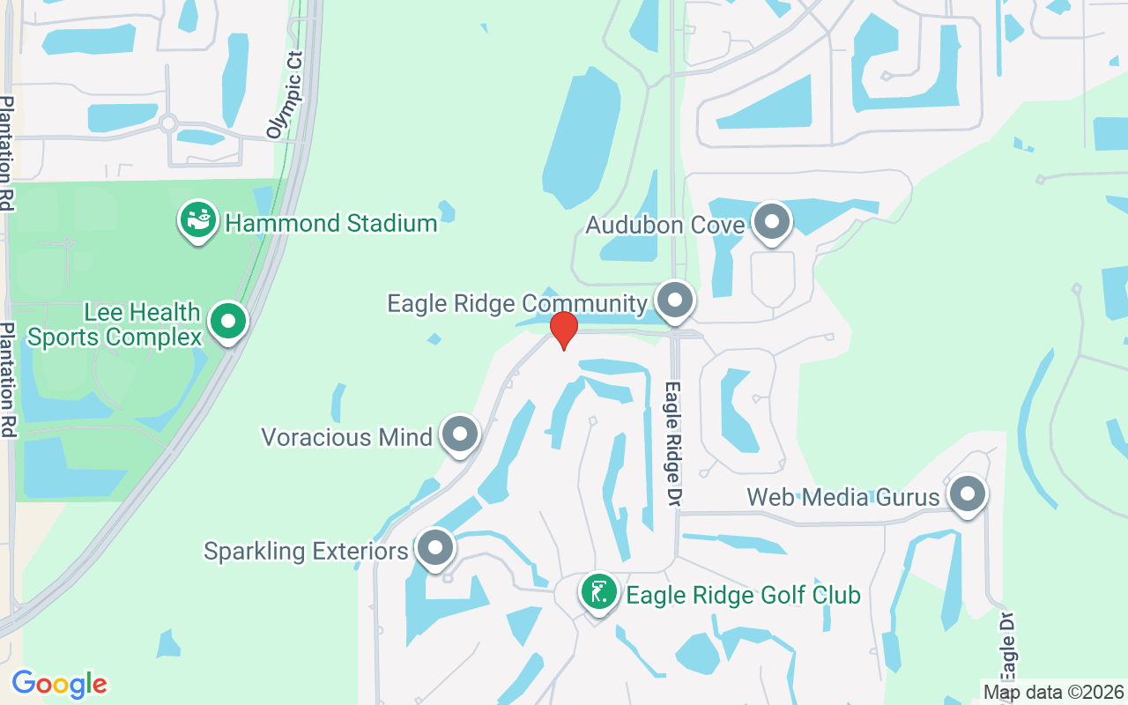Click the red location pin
[563, 330]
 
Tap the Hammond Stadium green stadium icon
[198, 220]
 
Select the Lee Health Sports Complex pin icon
[229, 322]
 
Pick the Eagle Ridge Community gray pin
[675, 301]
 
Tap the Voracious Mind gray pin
[459, 434]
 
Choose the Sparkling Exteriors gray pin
[434, 549]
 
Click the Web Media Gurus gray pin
[967, 495]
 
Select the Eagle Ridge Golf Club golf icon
[598, 593]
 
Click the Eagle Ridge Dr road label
[674, 442]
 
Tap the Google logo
[60, 684]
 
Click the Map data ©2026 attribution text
[1053, 692]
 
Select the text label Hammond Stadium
[331, 223]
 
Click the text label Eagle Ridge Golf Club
[743, 596]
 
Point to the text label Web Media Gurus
[843, 497]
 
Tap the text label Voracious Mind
[347, 436]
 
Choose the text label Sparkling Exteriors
[306, 551]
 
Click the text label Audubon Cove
[665, 225]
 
